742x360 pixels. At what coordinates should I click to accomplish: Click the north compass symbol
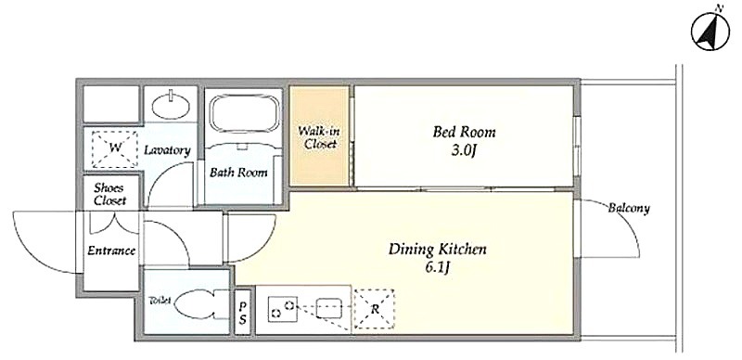710,32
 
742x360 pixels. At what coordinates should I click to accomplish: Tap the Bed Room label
464,132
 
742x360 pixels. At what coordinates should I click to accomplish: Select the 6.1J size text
436,268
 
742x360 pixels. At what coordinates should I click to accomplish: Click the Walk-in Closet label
320,137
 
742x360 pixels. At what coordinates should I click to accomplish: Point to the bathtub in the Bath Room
244,115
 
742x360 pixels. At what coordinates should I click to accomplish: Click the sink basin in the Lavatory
172,105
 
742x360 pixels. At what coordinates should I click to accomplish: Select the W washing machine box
115,148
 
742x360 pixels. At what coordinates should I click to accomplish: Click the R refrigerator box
375,309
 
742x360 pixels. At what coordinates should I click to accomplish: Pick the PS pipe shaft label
243,313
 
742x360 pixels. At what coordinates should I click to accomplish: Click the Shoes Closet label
110,193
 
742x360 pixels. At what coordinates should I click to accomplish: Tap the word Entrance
111,251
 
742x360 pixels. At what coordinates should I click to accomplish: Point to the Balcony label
629,208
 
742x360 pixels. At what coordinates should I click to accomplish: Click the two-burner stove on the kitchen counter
283,309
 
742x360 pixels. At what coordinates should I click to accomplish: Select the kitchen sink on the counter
329,308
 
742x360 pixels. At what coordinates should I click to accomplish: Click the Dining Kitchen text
437,250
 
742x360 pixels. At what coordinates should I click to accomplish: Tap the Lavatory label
168,150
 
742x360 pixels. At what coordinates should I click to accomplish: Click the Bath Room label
238,172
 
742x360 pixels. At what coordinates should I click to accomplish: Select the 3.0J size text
462,151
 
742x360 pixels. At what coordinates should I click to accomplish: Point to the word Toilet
160,300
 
